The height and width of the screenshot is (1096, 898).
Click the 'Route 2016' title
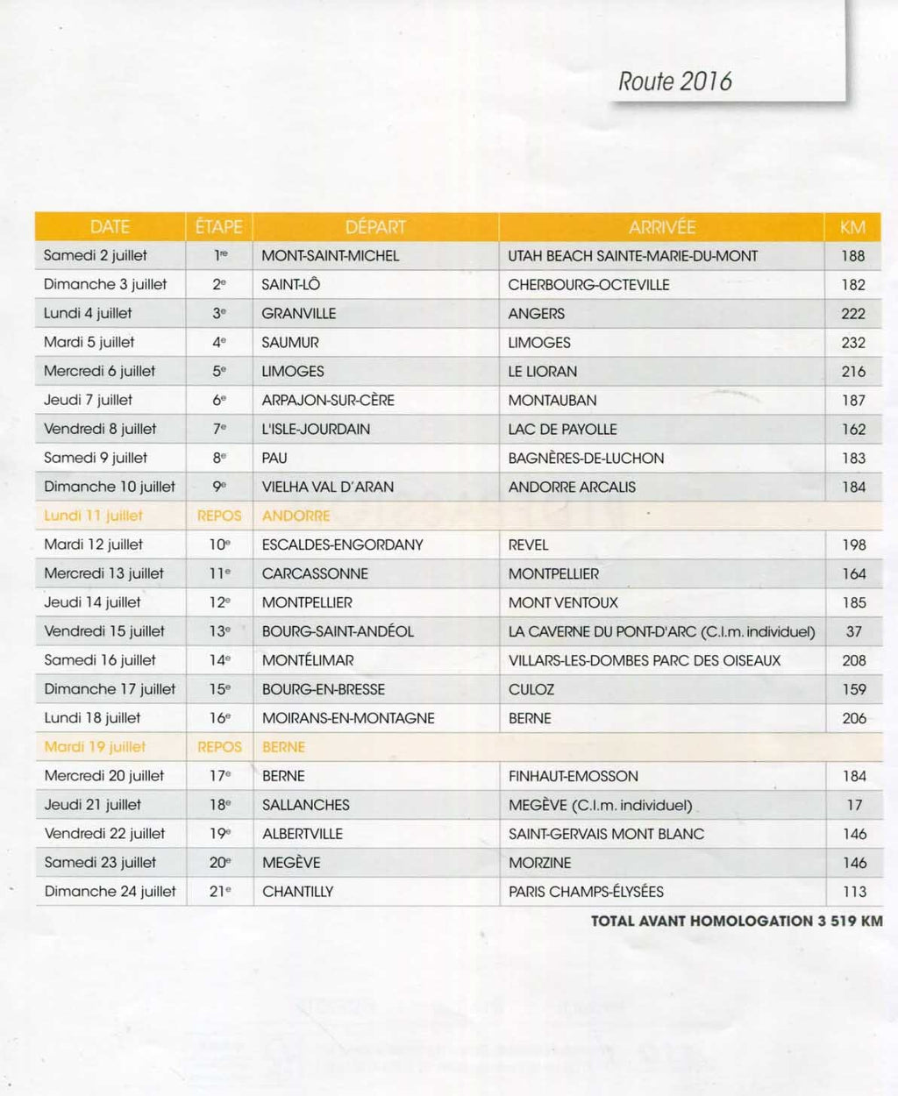coord(674,82)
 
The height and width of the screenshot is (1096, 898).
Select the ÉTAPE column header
coord(218,227)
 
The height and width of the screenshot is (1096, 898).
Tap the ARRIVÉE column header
coord(661,227)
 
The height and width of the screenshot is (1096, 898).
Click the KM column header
coord(852,227)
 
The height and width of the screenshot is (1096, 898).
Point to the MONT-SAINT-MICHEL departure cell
coord(330,256)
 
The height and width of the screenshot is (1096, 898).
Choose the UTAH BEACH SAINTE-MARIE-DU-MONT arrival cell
coord(632,256)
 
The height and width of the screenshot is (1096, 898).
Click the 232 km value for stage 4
coord(853,343)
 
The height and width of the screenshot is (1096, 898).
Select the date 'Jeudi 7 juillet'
coord(88,400)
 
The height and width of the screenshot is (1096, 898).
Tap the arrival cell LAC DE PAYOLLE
coord(562,430)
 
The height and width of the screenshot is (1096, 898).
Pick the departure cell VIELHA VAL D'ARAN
coord(327,487)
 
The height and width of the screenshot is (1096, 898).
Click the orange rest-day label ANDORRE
coord(296,516)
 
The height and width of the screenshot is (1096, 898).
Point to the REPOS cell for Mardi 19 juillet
coord(219,747)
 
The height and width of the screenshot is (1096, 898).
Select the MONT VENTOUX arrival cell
coord(563,602)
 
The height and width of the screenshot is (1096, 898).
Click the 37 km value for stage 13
coord(853,631)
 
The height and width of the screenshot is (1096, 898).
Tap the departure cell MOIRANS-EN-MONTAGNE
coord(348,718)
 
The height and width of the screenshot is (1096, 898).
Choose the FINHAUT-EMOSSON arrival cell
coord(573,776)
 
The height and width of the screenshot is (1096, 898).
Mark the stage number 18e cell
coord(219,805)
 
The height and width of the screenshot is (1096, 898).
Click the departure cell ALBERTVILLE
coord(302,834)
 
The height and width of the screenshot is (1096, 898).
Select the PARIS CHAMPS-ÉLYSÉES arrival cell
coord(586,892)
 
